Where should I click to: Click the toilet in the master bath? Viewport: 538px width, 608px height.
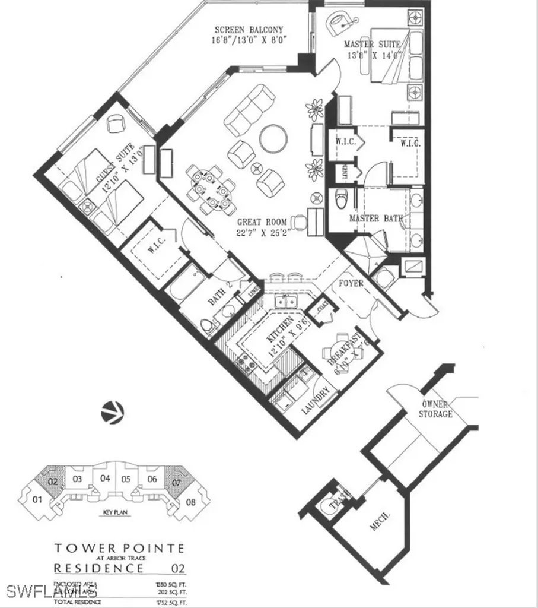(x=342, y=200)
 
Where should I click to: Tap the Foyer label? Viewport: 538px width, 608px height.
(x=351, y=283)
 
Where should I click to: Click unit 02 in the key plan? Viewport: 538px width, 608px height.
(x=53, y=481)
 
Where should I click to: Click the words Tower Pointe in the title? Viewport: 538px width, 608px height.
(x=119, y=549)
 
